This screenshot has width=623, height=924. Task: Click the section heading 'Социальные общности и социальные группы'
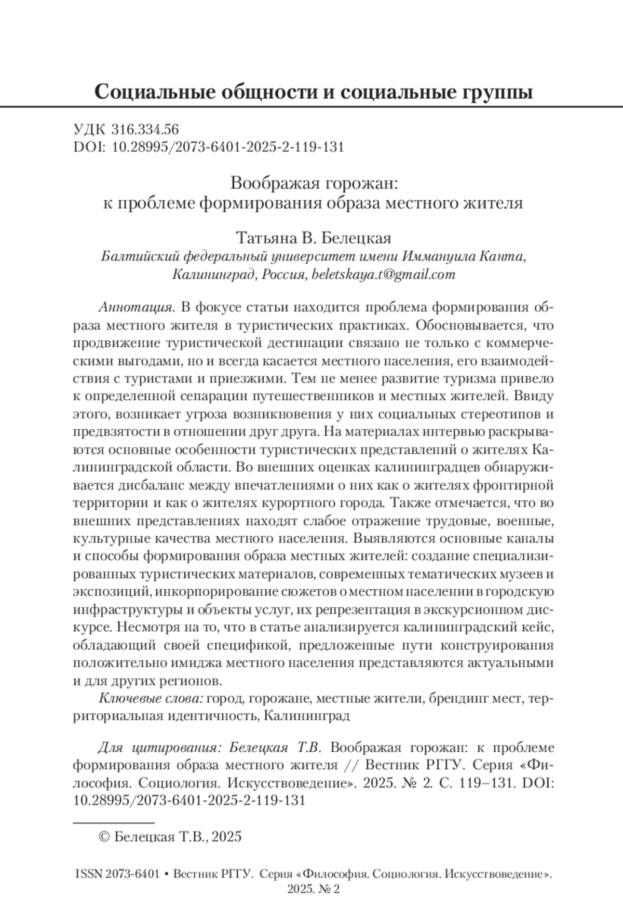point(314,92)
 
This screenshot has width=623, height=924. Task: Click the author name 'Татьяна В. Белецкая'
point(314,238)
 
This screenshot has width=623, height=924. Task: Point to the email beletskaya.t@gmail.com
point(383,275)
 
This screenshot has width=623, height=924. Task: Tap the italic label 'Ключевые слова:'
point(151,699)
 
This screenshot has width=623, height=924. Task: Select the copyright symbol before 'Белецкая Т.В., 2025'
point(103,836)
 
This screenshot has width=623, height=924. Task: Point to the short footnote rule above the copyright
point(114,823)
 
